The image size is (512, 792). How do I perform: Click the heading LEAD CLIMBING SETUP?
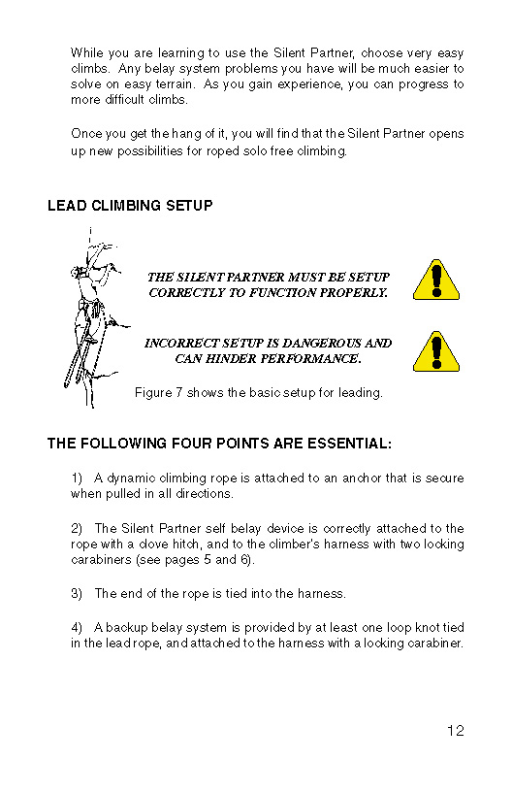pyautogui.click(x=130, y=206)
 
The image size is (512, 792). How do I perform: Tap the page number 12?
pyautogui.click(x=456, y=731)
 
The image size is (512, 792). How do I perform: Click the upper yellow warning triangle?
pyautogui.click(x=436, y=280)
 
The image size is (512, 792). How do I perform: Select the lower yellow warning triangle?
pyautogui.click(x=436, y=351)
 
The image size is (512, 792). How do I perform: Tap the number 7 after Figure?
pyautogui.click(x=179, y=392)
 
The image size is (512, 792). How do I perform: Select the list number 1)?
pyautogui.click(x=77, y=478)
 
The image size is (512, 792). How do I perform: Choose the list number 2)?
pyautogui.click(x=77, y=528)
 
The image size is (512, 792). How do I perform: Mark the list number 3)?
pyautogui.click(x=77, y=593)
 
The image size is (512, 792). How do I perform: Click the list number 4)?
pyautogui.click(x=77, y=627)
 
